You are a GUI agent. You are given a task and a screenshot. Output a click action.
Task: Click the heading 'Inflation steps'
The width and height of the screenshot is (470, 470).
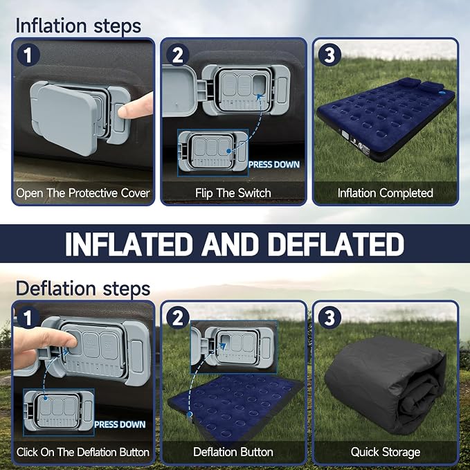click(78, 26)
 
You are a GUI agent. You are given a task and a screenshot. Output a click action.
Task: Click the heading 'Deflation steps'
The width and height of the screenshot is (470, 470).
click(83, 289)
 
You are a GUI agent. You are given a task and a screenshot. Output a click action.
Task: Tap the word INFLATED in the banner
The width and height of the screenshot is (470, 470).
click(129, 244)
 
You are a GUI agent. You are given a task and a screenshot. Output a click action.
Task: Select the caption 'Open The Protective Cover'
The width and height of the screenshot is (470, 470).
click(83, 193)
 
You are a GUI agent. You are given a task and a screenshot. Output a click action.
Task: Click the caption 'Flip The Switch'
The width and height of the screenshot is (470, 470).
click(233, 193)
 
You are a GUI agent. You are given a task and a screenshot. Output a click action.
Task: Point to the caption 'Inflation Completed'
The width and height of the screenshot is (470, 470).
click(385, 193)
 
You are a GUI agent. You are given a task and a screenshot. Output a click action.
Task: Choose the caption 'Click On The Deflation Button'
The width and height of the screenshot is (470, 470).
click(83, 452)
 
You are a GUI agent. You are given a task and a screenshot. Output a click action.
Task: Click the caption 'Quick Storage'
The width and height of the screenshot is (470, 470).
click(385, 452)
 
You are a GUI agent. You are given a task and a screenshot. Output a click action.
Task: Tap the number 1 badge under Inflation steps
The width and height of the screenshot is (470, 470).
click(28, 55)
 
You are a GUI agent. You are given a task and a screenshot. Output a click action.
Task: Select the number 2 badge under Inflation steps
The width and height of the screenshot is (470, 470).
click(178, 55)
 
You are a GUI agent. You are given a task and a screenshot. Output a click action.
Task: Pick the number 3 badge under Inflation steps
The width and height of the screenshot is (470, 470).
click(329, 55)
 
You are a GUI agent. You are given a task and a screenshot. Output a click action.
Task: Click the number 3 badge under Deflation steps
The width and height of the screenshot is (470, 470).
click(329, 318)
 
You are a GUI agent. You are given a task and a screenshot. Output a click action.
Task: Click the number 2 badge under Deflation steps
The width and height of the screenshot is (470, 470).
click(178, 318)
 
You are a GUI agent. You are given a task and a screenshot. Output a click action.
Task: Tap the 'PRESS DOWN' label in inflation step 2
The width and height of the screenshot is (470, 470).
click(274, 165)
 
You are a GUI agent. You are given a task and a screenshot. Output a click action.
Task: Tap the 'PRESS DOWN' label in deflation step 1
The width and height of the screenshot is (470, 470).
click(120, 424)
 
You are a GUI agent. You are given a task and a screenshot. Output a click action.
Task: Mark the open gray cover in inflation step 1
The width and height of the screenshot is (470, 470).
click(64, 118)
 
